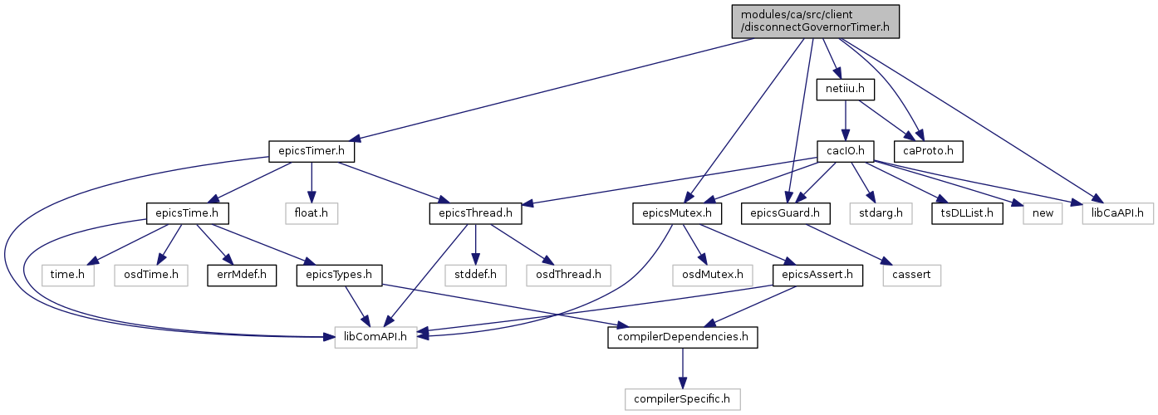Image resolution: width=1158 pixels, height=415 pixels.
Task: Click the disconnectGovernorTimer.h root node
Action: click(x=815, y=22)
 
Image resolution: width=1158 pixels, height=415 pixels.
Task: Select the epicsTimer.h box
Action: click(x=312, y=151)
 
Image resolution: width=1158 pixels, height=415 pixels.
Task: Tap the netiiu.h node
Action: click(x=845, y=90)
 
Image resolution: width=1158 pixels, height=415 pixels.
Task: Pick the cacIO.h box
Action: click(x=845, y=151)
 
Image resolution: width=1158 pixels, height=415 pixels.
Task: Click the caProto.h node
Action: click(x=929, y=151)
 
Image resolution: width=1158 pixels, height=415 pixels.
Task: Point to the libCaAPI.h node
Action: click(x=1117, y=213)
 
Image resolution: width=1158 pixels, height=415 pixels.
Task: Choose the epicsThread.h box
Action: click(x=475, y=213)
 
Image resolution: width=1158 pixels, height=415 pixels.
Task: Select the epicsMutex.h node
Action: click(x=677, y=213)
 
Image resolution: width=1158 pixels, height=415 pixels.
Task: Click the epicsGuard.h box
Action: click(x=785, y=213)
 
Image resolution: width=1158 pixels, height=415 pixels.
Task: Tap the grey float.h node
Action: click(x=312, y=213)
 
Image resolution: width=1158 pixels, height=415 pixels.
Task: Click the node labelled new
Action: click(x=1043, y=213)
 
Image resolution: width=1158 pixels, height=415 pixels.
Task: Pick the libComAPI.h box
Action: click(x=375, y=337)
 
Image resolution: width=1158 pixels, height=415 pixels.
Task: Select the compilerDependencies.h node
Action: click(x=682, y=337)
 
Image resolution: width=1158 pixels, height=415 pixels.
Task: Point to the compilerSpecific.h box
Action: click(x=682, y=399)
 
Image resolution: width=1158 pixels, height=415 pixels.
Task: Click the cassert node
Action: click(x=911, y=275)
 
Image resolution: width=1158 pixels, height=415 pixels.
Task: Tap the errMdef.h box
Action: click(x=242, y=275)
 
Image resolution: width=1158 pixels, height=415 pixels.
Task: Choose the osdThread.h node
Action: click(x=569, y=275)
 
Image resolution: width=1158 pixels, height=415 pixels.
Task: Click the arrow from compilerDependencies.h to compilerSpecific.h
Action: click(x=682, y=369)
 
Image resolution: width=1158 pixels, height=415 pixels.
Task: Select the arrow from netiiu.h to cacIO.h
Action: click(x=845, y=120)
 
